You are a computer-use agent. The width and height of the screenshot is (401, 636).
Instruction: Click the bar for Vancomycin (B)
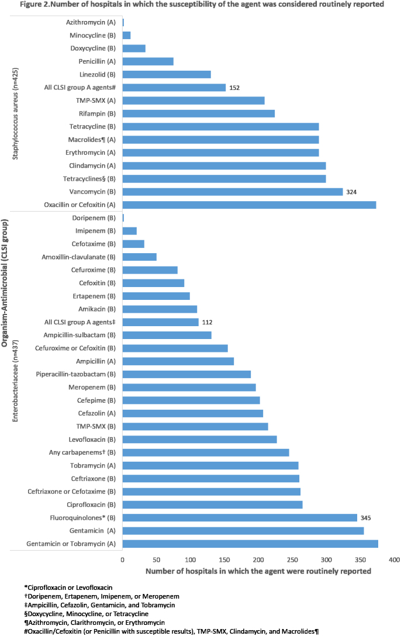232,192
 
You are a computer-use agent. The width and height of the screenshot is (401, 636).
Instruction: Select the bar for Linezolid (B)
166,74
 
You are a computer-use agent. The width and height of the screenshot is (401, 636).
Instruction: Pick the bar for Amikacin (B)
160,309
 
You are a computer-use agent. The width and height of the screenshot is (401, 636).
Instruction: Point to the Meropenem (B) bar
189,387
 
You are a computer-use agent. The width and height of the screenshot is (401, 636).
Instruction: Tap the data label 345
366,518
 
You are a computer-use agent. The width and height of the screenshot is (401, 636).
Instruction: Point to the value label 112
208,322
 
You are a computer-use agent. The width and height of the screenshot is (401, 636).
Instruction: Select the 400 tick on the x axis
394,559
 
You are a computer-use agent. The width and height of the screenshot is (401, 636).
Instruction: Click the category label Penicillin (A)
97,61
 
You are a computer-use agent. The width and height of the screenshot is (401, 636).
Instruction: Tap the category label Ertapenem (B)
96,296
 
